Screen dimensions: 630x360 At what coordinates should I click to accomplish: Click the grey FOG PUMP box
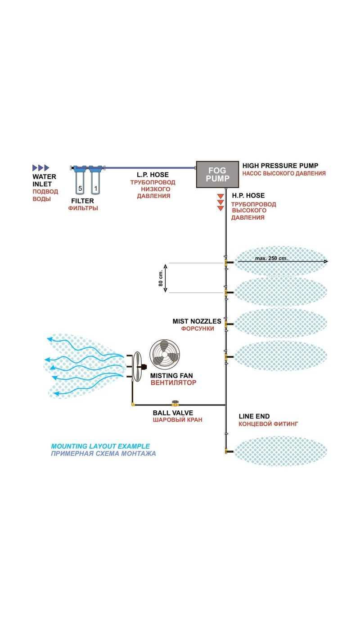pyautogui.click(x=217, y=174)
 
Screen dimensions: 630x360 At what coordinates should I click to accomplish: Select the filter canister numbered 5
pyautogui.click(x=80, y=182)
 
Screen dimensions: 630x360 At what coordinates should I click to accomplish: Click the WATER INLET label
pyautogui.click(x=44, y=180)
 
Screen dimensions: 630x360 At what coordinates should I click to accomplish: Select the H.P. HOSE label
pyautogui.click(x=248, y=195)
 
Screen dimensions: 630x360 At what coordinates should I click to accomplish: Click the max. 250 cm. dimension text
pyautogui.click(x=271, y=258)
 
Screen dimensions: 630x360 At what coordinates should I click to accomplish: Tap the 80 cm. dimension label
pyautogui.click(x=161, y=278)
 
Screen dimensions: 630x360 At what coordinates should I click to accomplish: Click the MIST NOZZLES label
pyautogui.click(x=197, y=321)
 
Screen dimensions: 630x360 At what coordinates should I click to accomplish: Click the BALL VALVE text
pyautogui.click(x=173, y=412)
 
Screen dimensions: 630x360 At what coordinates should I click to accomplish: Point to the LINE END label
pyautogui.click(x=254, y=416)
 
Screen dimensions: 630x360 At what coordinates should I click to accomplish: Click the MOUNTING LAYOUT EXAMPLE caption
pyautogui.click(x=100, y=446)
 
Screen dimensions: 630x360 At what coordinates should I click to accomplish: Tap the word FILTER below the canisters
pyautogui.click(x=83, y=201)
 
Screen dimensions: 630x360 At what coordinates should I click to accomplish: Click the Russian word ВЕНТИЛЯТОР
pyautogui.click(x=174, y=383)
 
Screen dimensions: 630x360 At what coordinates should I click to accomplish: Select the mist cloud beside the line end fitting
pyautogui.click(x=280, y=451)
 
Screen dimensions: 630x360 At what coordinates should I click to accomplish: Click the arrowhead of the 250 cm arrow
pyautogui.click(x=325, y=261)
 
